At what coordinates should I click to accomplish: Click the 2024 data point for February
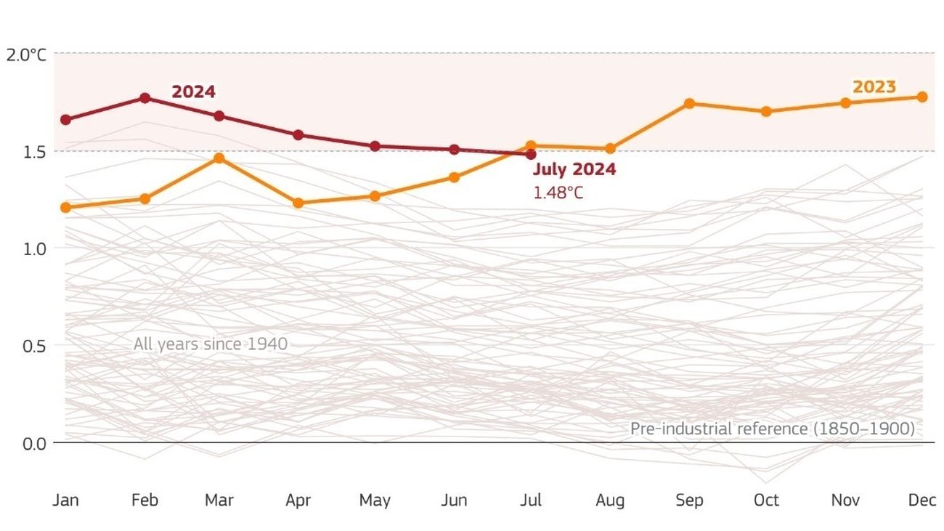145,98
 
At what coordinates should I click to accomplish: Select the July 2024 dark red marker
531,154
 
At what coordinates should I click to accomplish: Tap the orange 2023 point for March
219,158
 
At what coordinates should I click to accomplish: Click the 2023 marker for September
689,104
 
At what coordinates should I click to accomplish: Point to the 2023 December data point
922,97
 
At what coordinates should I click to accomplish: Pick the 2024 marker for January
66,120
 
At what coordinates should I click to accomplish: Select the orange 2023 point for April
298,203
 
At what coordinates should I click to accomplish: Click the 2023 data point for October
766,111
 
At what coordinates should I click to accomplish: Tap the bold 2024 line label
193,92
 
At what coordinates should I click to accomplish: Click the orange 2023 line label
874,87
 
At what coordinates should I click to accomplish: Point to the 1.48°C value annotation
558,193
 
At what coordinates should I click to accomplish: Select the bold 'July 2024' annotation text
574,170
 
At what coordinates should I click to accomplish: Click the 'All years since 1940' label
211,344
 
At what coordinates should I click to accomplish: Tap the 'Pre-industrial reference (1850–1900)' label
772,429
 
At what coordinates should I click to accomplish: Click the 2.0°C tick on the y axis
26,54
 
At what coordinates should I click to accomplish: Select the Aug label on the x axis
610,500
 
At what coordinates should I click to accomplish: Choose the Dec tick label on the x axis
922,500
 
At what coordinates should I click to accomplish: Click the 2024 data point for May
375,146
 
